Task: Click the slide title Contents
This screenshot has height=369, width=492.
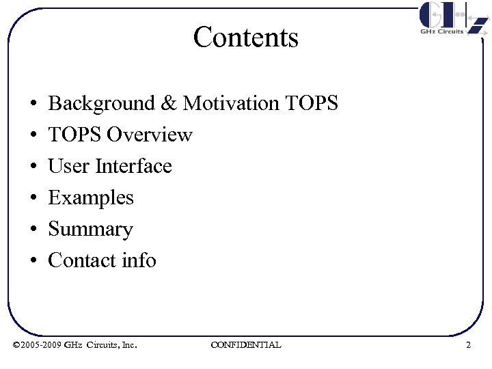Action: (246, 37)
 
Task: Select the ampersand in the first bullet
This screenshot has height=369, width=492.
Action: (169, 104)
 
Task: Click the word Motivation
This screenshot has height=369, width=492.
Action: (231, 104)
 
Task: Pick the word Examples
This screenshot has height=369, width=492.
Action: (91, 198)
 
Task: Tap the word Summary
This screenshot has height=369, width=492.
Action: (90, 230)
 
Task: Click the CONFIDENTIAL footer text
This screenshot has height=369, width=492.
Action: (246, 345)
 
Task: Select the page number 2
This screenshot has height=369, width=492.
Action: (468, 345)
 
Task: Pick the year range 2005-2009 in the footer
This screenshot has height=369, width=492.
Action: (42, 345)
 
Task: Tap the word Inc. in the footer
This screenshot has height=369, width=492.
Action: (128, 345)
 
